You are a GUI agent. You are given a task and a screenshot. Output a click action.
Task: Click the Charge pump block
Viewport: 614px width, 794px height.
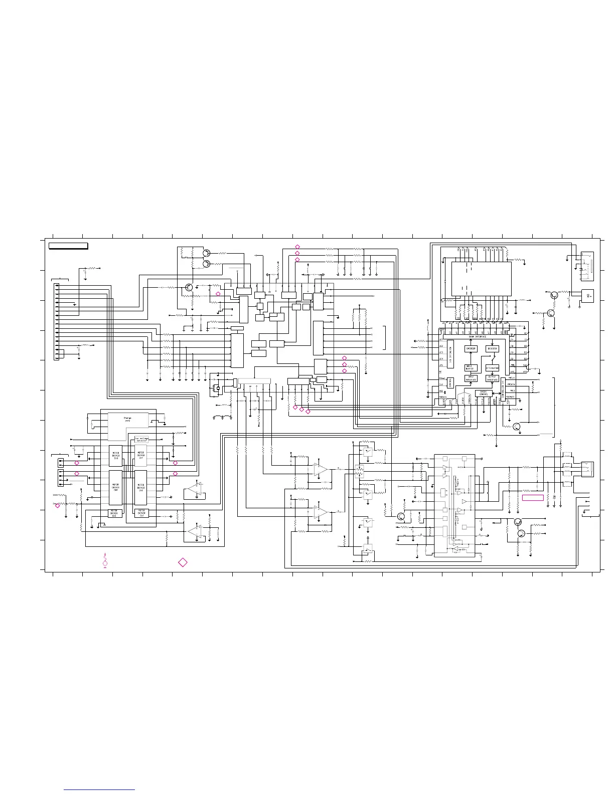tap(127, 420)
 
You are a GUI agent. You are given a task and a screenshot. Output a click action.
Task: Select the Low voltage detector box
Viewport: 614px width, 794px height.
tap(141, 440)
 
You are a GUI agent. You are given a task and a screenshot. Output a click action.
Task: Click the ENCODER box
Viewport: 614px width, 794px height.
tap(471, 348)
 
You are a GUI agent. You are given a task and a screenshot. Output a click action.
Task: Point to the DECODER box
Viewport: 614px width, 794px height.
tap(493, 348)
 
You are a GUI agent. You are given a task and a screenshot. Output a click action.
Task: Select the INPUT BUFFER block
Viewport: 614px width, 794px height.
tap(470, 367)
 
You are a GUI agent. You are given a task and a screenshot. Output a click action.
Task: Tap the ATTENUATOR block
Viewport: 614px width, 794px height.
tap(492, 368)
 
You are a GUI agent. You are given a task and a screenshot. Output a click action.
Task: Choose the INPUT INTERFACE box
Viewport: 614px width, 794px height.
tap(471, 378)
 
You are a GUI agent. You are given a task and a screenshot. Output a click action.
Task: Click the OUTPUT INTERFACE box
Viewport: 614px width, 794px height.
tap(492, 378)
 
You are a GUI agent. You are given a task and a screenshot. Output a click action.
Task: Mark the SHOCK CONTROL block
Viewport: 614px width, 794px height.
tap(484, 393)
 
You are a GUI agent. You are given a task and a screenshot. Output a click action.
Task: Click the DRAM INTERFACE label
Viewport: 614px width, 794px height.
tap(477, 337)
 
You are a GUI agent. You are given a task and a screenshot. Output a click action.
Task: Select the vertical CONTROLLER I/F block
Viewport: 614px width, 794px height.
tap(503, 391)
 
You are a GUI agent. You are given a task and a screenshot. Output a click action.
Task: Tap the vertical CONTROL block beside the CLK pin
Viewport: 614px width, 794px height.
tap(450, 382)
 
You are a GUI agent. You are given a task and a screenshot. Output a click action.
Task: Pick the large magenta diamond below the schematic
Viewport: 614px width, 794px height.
tap(183, 562)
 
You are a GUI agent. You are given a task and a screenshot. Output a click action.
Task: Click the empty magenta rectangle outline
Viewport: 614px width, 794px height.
tap(533, 497)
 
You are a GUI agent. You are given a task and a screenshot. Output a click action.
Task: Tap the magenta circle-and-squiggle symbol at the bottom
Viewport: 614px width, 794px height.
tap(105, 561)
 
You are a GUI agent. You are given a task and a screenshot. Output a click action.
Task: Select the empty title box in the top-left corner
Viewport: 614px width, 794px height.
tap(68, 246)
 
